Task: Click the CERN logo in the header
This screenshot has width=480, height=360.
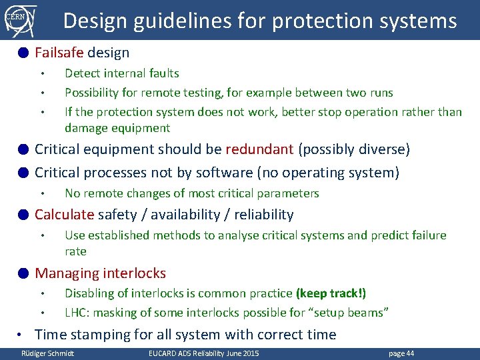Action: coord(19,20)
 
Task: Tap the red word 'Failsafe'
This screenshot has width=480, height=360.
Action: coord(59,52)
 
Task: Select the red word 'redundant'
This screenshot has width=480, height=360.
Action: coord(259,149)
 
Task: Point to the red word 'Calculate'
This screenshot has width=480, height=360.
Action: coord(64,215)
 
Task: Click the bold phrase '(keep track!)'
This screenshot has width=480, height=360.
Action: coord(331,293)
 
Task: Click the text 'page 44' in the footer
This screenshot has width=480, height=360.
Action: coord(401,353)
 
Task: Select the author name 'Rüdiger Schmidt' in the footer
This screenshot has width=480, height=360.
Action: coord(47,353)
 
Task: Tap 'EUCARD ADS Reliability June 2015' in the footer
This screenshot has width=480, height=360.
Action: coord(203,353)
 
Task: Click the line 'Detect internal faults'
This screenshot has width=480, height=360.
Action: coord(121,73)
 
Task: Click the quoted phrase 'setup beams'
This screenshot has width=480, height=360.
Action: coord(355,312)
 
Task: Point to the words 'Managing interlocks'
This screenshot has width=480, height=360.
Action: coord(100,273)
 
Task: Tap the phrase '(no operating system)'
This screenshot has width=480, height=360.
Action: coord(327,173)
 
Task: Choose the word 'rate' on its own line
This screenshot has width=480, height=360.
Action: coord(75,251)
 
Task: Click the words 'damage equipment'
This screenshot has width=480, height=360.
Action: coord(117,128)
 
